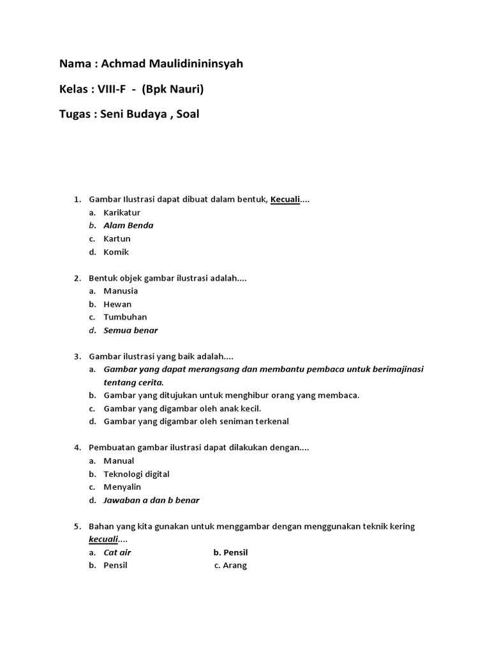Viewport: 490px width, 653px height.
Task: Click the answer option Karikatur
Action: point(122,212)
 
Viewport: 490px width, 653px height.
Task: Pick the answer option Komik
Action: point(116,252)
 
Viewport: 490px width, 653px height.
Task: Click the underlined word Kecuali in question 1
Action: point(285,200)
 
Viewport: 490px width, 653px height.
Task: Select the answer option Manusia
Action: point(121,291)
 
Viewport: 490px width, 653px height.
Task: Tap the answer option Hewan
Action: point(117,304)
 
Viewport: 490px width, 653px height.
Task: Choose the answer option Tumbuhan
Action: point(125,317)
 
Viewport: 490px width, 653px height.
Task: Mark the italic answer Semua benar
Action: point(130,330)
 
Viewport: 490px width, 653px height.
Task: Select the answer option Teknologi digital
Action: point(137,474)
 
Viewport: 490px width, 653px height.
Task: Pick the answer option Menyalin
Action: point(122,487)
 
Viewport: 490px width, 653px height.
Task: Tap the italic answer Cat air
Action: point(117,552)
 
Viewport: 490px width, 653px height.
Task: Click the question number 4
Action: point(77,448)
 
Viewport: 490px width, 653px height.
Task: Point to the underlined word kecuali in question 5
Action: point(103,539)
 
